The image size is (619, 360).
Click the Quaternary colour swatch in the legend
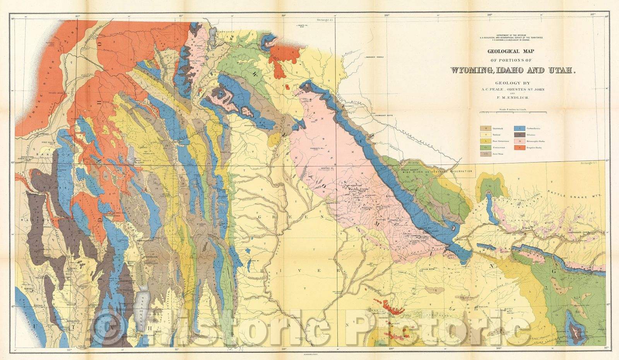[483, 127]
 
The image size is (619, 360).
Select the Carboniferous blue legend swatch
[517, 127]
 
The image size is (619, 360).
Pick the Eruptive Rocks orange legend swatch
[517, 147]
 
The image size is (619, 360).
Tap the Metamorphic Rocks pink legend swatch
[517, 141]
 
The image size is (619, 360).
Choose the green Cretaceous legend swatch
[483, 147]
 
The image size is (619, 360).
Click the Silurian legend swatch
[517, 134]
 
